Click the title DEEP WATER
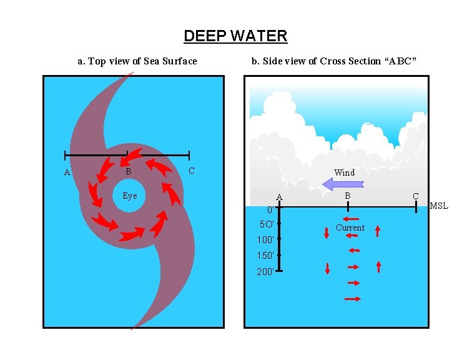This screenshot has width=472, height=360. pos(235,36)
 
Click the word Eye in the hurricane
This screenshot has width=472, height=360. pos(130,196)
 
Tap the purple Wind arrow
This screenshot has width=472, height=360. pos(343,184)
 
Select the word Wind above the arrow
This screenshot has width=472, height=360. pos(344,172)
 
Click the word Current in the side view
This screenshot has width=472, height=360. pos(350,227)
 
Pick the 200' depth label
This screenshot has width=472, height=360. pos(265,271)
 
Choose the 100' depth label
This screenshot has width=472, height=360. pos(265,239)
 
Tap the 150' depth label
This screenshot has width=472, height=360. pos(265,256)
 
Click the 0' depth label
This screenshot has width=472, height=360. pos(268,209)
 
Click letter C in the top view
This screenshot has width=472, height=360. pos(191,171)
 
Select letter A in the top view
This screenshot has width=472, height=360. pos(67,172)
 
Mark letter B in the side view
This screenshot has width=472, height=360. pos(348,196)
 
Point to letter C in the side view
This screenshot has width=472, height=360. pos(415,196)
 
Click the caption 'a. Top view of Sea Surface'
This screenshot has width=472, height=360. pos(137,61)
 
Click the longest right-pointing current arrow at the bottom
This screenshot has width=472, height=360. pos(353,299)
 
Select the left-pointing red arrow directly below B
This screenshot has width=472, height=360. pos(350,219)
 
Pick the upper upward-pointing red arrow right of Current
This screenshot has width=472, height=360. pos(378,232)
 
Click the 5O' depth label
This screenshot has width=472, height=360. pos(267,224)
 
